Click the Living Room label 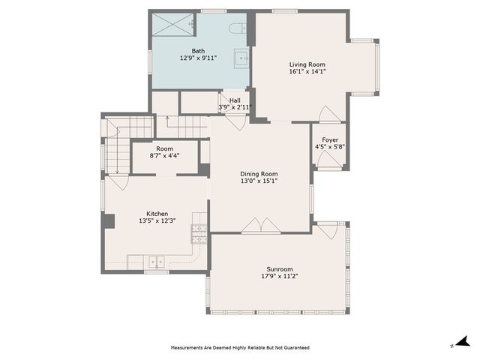pos(307,64)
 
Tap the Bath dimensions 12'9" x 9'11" pos(198,58)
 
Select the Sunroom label pos(280,269)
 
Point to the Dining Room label pos(259,174)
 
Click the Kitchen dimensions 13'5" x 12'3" pos(157,220)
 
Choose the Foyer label pos(330,140)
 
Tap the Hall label pos(235,100)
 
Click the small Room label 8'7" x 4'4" pos(164,152)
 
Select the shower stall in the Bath pos(173,25)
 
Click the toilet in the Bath pos(238,28)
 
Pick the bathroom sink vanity pos(241,58)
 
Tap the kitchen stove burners pos(199,234)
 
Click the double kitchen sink pos(157,262)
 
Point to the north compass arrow pos(463,341)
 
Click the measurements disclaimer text pos(240,348)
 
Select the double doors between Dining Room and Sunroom pos(261,226)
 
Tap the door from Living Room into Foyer pos(330,114)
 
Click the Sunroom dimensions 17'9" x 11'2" pos(280,276)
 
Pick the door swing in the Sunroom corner pos(328,230)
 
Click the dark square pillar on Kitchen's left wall pos(108,221)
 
